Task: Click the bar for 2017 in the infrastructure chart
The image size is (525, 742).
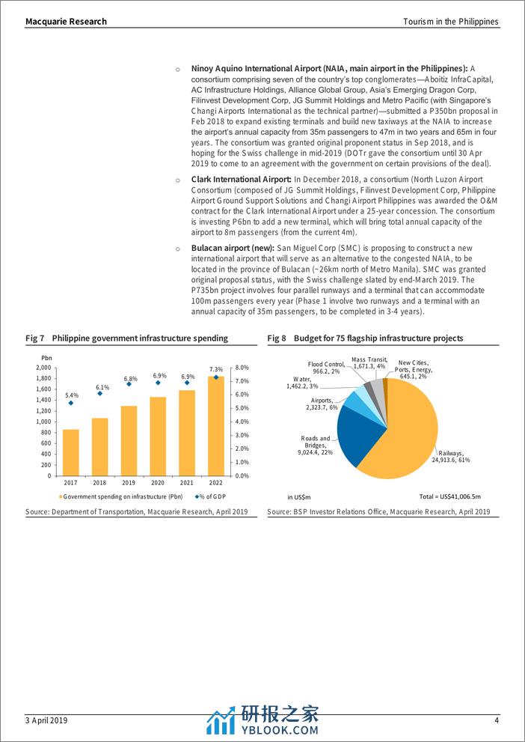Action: pos(71,452)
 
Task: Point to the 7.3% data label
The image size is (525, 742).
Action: pos(216,369)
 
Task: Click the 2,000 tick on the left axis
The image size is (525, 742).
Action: pos(43,368)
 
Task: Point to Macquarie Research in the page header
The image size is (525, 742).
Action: pos(66,22)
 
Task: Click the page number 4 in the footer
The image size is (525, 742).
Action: pos(497,720)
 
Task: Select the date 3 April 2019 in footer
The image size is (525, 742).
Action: pos(47,720)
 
